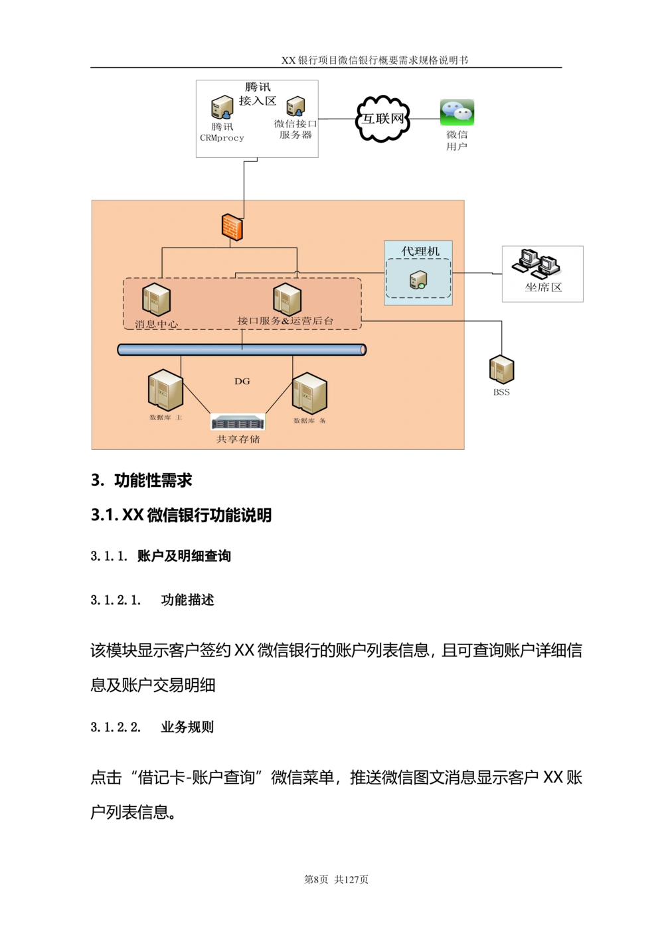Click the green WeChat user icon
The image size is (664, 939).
coord(457,112)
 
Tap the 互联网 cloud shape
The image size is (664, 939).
coord(382,119)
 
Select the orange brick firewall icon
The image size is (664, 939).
coord(232,228)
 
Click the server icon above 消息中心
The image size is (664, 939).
coord(156,299)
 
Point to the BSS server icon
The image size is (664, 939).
coord(502,370)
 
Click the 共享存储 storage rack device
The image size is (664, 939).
coord(238,422)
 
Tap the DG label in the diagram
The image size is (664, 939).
coord(242,381)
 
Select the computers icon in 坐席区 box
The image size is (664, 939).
coord(536,263)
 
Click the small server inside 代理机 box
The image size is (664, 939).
coord(418,279)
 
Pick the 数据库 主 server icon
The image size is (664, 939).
coord(165,390)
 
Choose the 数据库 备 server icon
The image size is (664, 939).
coord(309,394)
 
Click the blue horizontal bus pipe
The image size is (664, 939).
coord(242,350)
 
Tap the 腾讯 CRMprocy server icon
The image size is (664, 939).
coord(222,108)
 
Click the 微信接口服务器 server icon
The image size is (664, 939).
coord(295,106)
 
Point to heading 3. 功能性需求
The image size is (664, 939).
coord(141,480)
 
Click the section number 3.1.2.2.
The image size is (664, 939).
coord(116,727)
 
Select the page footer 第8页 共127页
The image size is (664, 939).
coord(336,879)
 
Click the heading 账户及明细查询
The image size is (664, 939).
coord(184,556)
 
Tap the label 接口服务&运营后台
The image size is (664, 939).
coord(286,321)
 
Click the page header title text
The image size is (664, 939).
coord(374,60)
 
